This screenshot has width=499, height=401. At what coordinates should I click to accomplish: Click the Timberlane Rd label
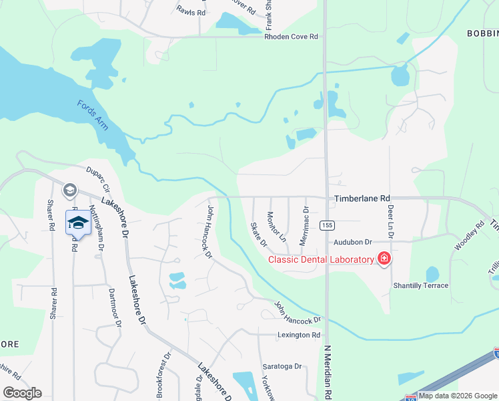coord(362,198)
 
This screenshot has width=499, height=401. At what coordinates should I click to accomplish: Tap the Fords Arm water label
coord(93,114)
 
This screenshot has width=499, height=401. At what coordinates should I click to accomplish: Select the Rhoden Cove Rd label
coord(292,37)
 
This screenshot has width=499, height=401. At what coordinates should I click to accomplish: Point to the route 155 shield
coord(326,225)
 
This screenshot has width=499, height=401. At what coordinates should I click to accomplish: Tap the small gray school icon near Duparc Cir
coord(69,191)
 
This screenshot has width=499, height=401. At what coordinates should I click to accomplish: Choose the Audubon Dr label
coord(353,242)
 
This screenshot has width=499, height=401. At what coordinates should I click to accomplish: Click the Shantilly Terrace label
coord(421,285)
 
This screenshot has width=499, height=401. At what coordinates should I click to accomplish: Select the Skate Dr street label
coord(258,233)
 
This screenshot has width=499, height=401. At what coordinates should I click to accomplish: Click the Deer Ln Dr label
coord(390,222)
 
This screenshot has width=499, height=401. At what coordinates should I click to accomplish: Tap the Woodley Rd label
coord(470,236)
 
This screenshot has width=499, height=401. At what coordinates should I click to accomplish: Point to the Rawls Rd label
coord(191,10)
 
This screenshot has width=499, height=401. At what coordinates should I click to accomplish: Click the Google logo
coord(22,392)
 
